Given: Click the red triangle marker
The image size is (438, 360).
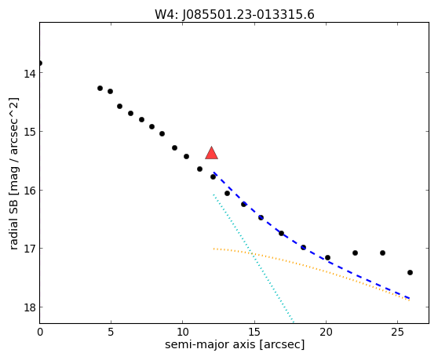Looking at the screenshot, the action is [211, 153].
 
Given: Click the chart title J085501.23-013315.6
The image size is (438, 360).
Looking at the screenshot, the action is [248, 15].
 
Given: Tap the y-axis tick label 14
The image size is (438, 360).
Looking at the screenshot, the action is [29, 74].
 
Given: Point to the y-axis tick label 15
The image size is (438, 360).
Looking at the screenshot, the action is [29, 132].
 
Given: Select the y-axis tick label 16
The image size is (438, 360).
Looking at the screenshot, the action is [29, 191].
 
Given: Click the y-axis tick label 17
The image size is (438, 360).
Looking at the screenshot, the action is [29, 249].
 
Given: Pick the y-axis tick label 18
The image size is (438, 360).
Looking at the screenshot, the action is [29, 307].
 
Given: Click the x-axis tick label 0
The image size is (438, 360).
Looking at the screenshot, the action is [40, 332].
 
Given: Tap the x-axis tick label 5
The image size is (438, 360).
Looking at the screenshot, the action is [111, 332].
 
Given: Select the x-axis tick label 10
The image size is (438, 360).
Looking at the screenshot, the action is [182, 332].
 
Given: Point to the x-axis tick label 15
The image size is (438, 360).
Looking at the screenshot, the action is [254, 332].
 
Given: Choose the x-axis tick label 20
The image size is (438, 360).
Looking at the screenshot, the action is [326, 332].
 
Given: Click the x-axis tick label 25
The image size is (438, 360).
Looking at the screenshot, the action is [397, 332].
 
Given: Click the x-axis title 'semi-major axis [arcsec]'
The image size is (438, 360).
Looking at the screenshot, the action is [235, 345].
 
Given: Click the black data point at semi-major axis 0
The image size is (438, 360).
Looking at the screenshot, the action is [40, 63].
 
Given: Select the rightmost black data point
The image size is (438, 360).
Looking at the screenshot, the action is [410, 273].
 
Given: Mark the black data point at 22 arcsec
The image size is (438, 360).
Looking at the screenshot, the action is [355, 253].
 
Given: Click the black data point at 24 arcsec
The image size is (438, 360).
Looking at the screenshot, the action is [383, 253].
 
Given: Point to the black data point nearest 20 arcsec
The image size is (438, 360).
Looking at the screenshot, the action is [327, 258].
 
